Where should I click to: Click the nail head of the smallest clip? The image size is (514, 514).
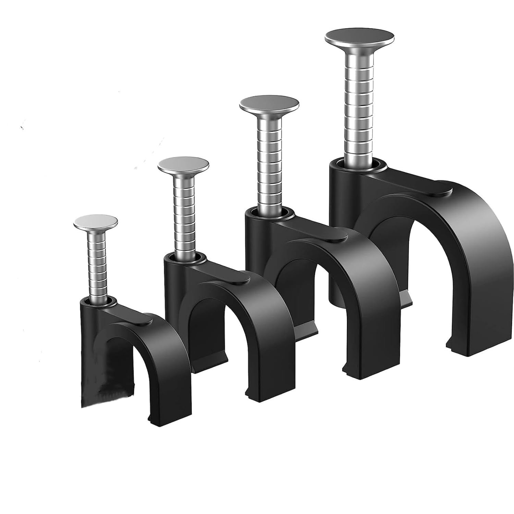coord(96,222)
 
